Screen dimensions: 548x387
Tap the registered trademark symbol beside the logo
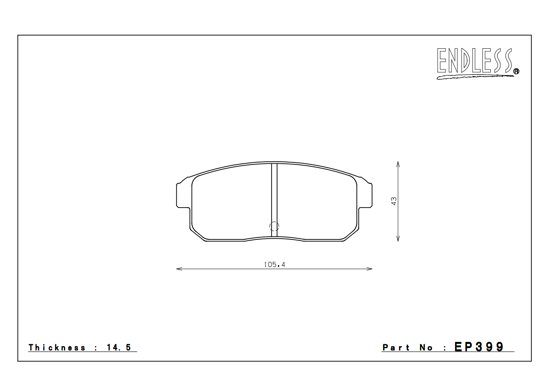516,71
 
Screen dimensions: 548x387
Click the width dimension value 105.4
274,265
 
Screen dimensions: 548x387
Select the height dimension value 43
394,201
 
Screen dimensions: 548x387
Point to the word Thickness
57,347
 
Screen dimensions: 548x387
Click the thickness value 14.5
119,347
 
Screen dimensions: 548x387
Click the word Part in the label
396,347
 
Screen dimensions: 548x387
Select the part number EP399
479,347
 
